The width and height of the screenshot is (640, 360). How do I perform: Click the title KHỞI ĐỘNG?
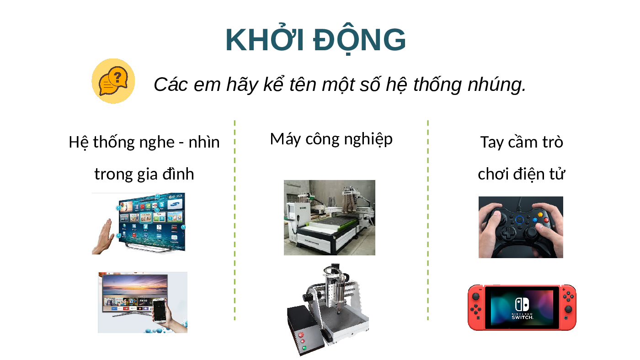pos(315,39)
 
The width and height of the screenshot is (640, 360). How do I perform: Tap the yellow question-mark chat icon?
pos(113,81)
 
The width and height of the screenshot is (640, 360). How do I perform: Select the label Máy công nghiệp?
pos(331,140)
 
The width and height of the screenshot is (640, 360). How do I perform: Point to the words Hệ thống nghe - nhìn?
pos(144,143)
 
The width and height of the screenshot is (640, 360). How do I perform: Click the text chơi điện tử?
pos(522,174)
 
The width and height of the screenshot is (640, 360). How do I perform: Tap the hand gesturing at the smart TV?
pos(103,237)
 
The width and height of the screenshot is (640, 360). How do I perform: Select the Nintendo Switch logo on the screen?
pos(522,308)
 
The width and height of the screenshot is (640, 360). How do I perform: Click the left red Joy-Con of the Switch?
pos(476,307)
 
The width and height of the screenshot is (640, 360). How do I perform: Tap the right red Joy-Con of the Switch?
pos(568,307)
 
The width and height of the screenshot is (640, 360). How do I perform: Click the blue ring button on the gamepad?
pos(519,220)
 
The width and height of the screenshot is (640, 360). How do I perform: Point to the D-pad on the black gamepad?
pos(508,233)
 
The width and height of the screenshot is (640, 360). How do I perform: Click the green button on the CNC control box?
pos(304,348)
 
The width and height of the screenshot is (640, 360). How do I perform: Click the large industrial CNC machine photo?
pos(330,217)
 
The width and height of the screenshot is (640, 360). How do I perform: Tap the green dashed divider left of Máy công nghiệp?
pos(235,220)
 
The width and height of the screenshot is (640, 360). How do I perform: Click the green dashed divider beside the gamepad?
pos(428,220)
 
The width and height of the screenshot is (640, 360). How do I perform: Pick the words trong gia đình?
pos(144,174)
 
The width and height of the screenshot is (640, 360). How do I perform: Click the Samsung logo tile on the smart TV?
pos(175,204)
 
